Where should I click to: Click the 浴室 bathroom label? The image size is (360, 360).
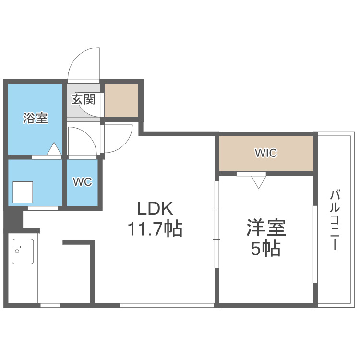pos(36,119)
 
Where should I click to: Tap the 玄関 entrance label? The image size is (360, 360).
pos(83,100)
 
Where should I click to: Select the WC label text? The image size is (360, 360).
pos(82,182)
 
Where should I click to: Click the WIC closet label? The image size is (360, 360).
pos(266,153)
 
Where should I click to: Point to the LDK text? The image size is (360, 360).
pos(155,209)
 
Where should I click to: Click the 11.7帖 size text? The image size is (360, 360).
pos(155,229)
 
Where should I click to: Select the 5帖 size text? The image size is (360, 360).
pos(266,249)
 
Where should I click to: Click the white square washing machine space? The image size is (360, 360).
pos(23,192)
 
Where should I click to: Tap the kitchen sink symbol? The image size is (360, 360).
pos(23,251)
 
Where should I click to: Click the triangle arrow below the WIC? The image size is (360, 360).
pos(259,181)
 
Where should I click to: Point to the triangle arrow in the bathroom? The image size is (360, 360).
pos(54,149)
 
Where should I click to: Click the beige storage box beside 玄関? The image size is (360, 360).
pos(121,100)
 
